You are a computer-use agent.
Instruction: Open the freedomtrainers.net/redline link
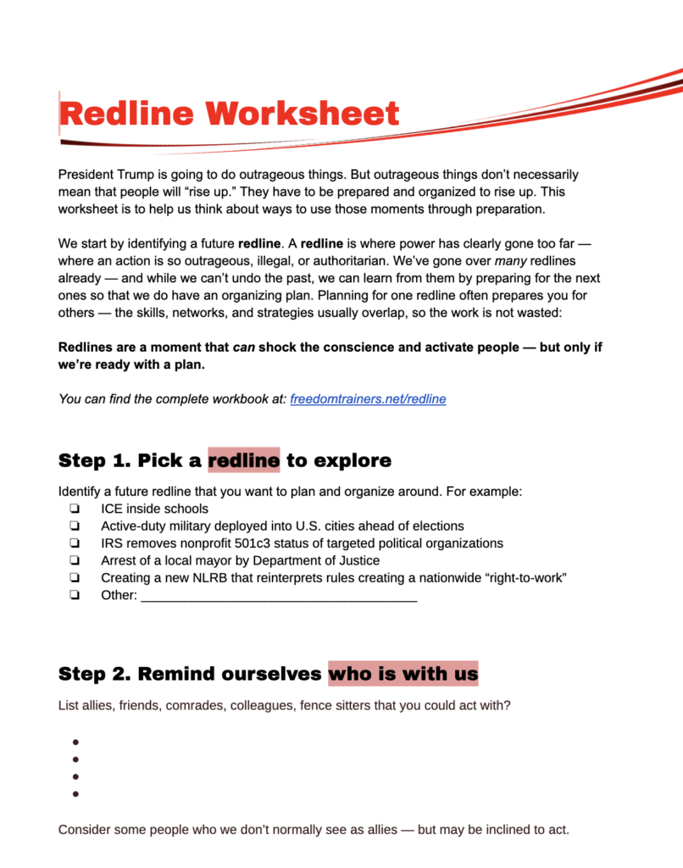[x=368, y=398]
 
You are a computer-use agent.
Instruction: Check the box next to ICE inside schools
[x=75, y=509]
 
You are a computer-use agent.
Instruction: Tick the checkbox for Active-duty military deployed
[x=75, y=526]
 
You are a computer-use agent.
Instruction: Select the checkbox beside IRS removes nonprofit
[x=75, y=543]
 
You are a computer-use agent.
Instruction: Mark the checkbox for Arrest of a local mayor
[x=75, y=560]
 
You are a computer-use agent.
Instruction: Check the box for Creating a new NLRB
[x=75, y=577]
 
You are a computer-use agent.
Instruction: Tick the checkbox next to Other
[x=75, y=595]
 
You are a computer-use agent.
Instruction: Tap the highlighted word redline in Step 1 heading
[x=244, y=460]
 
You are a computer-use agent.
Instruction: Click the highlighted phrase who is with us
[x=403, y=674]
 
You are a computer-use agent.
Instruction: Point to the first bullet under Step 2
[x=75, y=743]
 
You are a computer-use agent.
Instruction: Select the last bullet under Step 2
[x=75, y=794]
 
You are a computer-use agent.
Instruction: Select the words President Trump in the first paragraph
[x=103, y=175]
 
